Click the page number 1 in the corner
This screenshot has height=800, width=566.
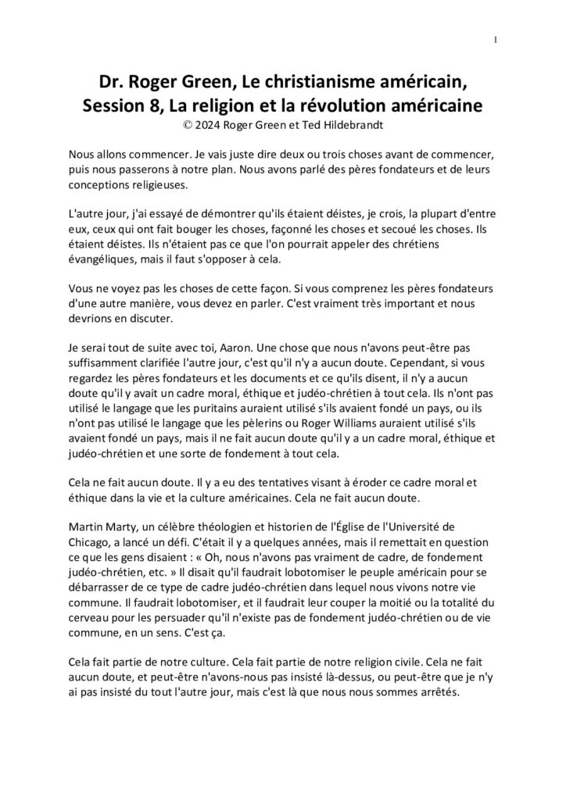[x=496, y=40]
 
